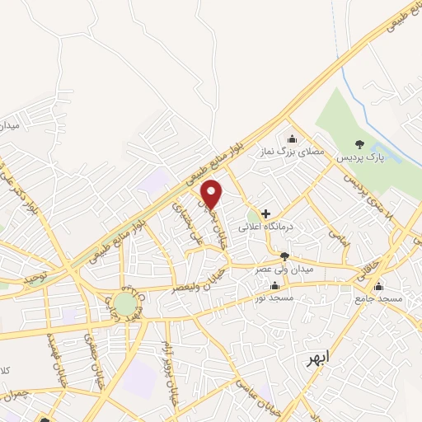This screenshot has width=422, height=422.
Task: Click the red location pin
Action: point(213,194)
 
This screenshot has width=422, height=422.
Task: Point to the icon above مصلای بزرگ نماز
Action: point(290,138)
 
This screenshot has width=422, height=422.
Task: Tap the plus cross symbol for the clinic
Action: point(265,213)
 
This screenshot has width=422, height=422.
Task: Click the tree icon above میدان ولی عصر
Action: point(284,256)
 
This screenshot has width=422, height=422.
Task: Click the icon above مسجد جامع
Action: point(378,287)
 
